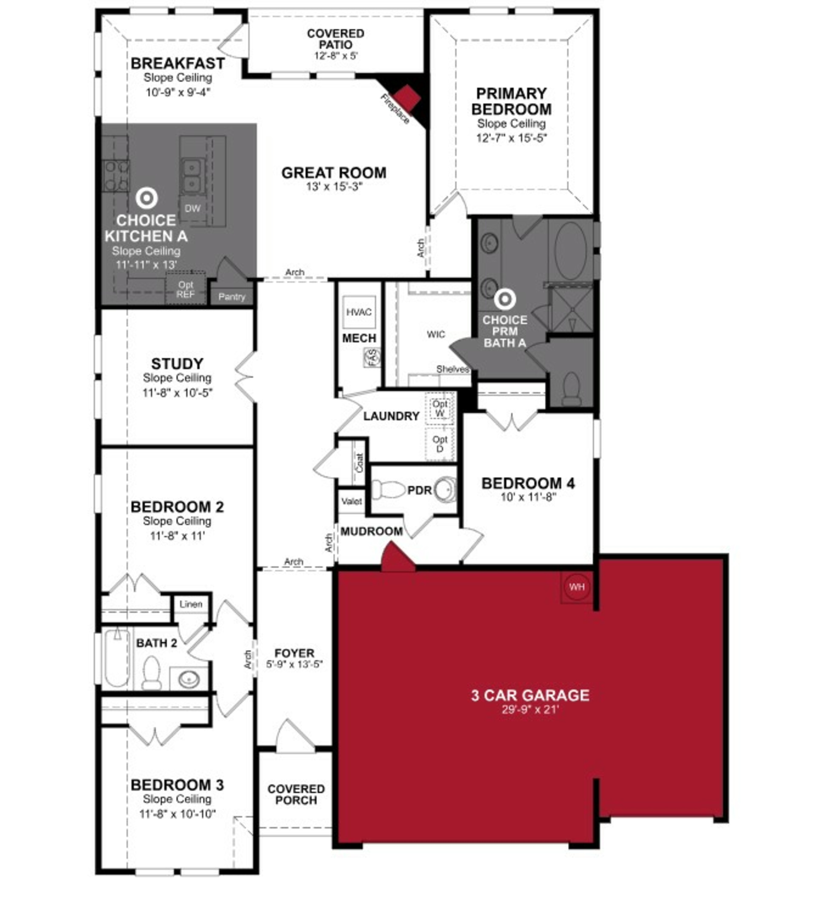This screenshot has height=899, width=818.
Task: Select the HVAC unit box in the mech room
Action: pos(359,312)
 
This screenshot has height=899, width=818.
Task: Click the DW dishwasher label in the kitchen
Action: pos(193,208)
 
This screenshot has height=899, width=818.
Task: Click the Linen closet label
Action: pos(191,604)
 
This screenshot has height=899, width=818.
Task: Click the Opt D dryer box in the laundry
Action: pos(440,444)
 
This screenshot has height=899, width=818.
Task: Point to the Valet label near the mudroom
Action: pos(351,501)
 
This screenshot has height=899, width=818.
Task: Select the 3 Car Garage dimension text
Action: pos(530,709)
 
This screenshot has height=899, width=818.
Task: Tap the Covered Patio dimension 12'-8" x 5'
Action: pos(336,56)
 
